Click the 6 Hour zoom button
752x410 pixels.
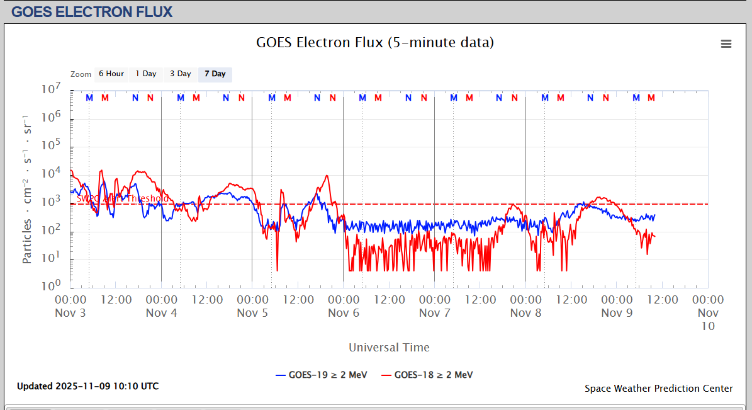[111, 74]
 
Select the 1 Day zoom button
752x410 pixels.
[146, 74]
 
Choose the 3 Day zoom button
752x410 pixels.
[180, 74]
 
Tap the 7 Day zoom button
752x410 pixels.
[215, 74]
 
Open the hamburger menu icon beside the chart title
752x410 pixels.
[726, 43]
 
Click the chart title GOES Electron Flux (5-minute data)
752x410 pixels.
[375, 43]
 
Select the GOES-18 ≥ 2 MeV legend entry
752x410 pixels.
[427, 375]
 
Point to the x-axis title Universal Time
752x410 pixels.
[389, 347]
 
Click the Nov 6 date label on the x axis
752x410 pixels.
[344, 313]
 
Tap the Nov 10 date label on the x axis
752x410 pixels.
[708, 319]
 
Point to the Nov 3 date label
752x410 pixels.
[70, 313]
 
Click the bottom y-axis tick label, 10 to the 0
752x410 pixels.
[51, 286]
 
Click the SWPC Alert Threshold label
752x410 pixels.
[122, 198]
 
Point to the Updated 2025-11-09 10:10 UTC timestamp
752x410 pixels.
[88, 386]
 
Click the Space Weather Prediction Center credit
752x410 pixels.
[658, 389]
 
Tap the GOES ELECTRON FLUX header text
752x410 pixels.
[92, 11]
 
